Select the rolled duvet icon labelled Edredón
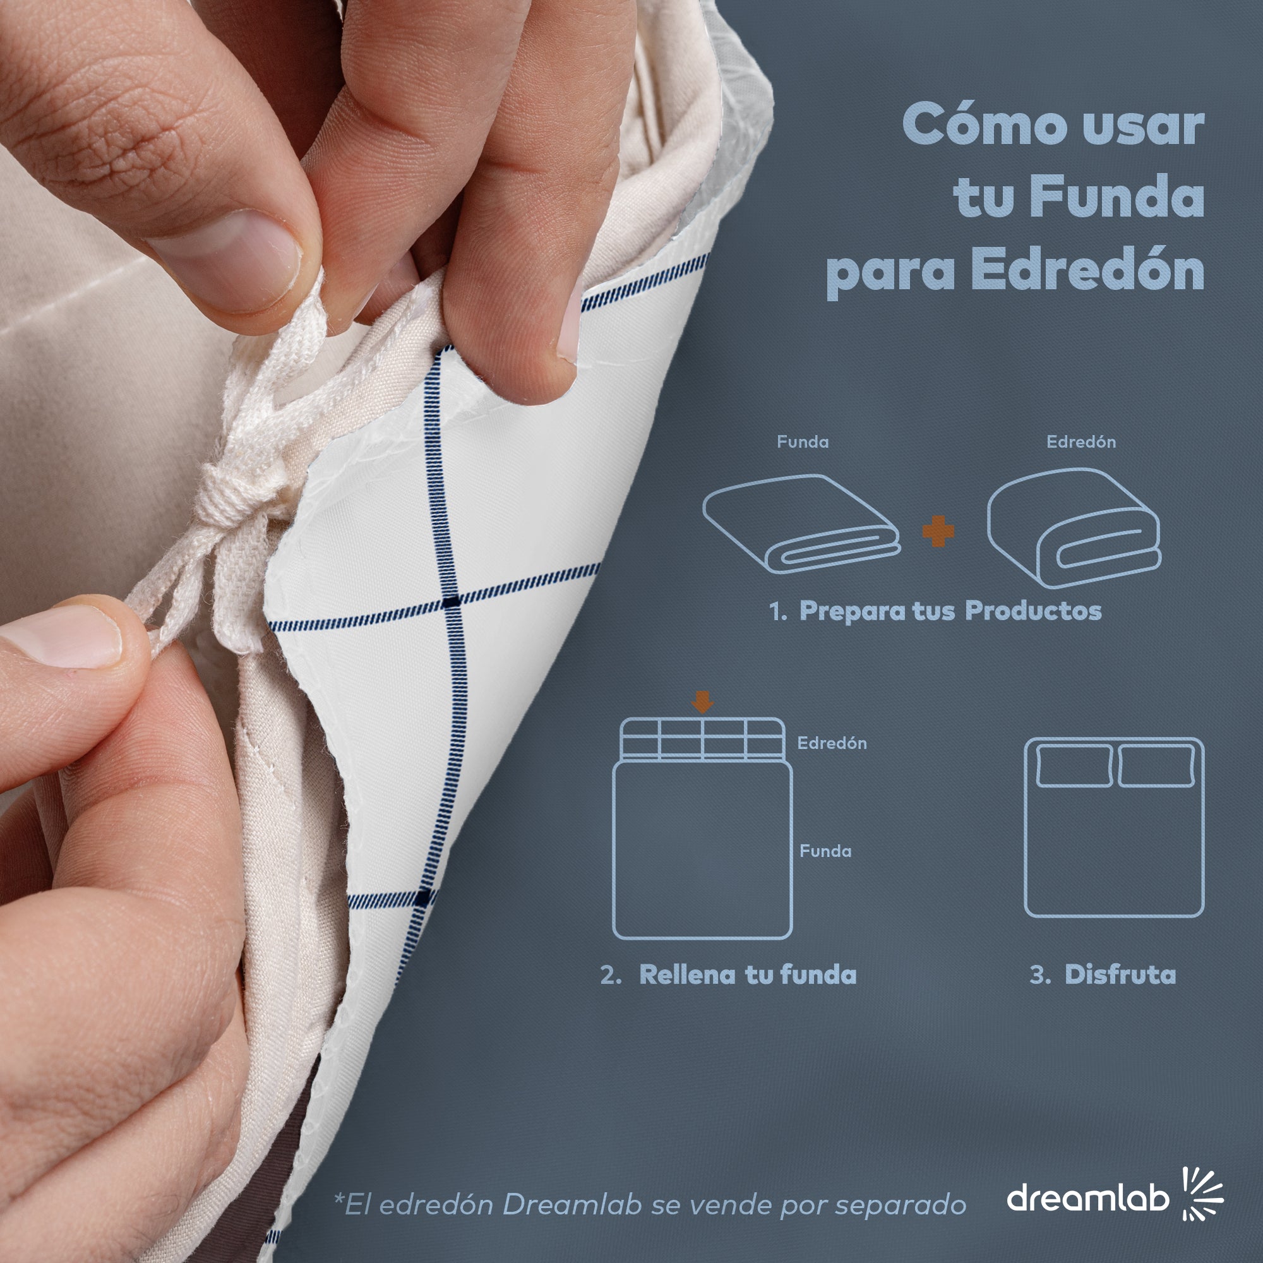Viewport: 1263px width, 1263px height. (1074, 527)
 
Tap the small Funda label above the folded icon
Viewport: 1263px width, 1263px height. (803, 442)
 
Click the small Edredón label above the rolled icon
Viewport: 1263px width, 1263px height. (1081, 442)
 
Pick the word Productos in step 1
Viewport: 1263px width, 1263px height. (1034, 611)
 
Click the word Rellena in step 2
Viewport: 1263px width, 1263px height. (688, 974)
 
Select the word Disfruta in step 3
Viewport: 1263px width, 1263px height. (1120, 974)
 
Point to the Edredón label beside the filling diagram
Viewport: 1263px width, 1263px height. (832, 743)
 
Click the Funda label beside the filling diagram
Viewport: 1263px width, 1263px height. (825, 851)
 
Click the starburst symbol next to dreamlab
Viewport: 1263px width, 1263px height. (1203, 1194)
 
